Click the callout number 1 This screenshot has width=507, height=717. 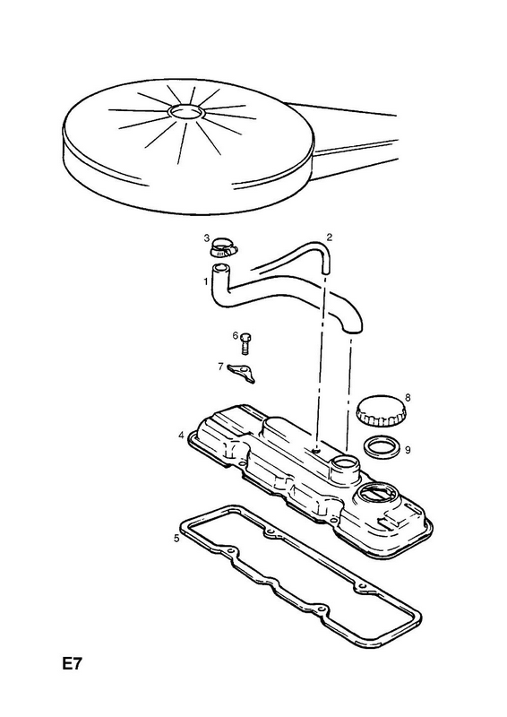pyautogui.click(x=206, y=281)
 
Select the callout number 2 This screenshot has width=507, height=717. pyautogui.click(x=329, y=237)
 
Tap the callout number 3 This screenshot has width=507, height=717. pyautogui.click(x=207, y=238)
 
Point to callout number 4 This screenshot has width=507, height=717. pyautogui.click(x=182, y=435)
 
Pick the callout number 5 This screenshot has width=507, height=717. pyautogui.click(x=177, y=539)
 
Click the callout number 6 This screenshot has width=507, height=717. pyautogui.click(x=236, y=336)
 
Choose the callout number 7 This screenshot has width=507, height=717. pyautogui.click(x=220, y=367)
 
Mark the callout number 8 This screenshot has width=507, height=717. pyautogui.click(x=408, y=397)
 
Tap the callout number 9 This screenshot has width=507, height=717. pyautogui.click(x=408, y=450)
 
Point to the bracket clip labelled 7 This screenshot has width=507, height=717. pyautogui.click(x=241, y=373)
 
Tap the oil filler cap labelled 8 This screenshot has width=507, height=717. pyautogui.click(x=380, y=410)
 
